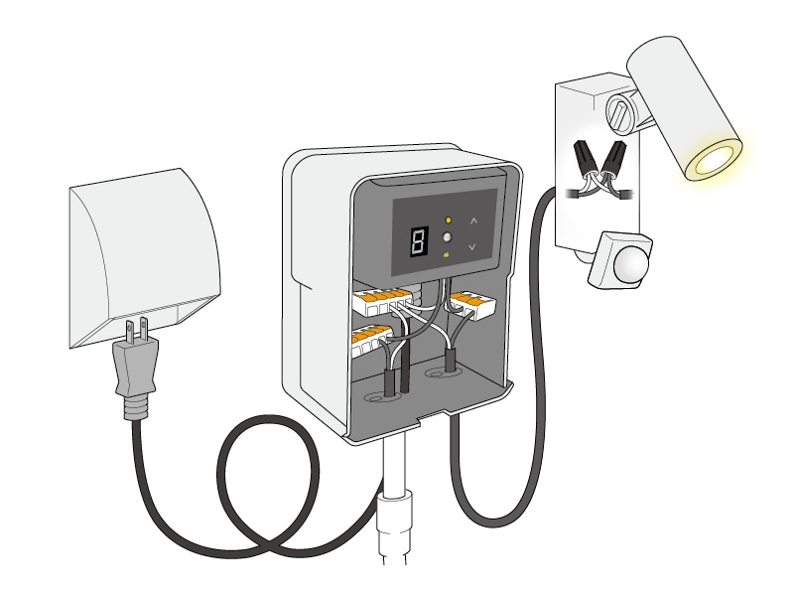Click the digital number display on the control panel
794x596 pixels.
tap(419, 241)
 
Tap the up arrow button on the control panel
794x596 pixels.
tap(474, 221)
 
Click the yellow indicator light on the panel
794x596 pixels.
tap(449, 221)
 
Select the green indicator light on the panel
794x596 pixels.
tap(448, 255)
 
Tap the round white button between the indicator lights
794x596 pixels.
tap(448, 237)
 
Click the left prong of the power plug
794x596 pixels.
tap(130, 332)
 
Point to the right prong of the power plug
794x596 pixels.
tap(144, 329)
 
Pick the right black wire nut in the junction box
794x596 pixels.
tap(613, 158)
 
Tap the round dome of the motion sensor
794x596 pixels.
tap(631, 265)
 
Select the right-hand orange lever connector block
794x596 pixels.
tap(473, 305)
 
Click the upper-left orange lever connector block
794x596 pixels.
tap(382, 302)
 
